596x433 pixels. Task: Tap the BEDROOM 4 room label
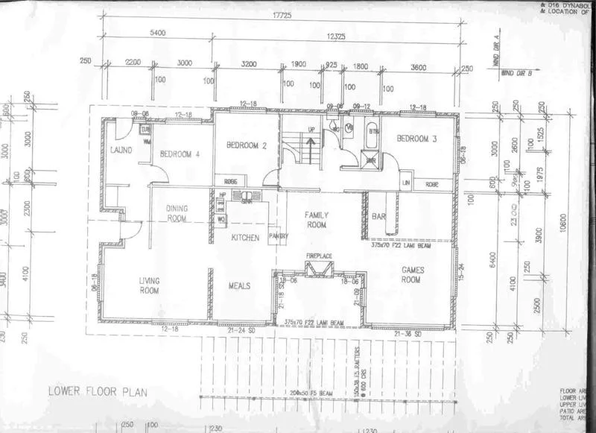tap(176, 154)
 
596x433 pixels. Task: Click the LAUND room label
tap(121, 150)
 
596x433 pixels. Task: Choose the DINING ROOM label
tap(177, 213)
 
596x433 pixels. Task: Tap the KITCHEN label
tap(244, 238)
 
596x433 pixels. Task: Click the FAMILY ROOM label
tap(317, 219)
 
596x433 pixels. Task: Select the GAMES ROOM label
tap(411, 274)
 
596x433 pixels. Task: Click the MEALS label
tap(240, 285)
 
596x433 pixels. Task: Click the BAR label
tap(378, 216)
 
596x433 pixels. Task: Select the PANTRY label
tap(278, 237)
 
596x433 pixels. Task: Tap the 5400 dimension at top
tap(156, 34)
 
